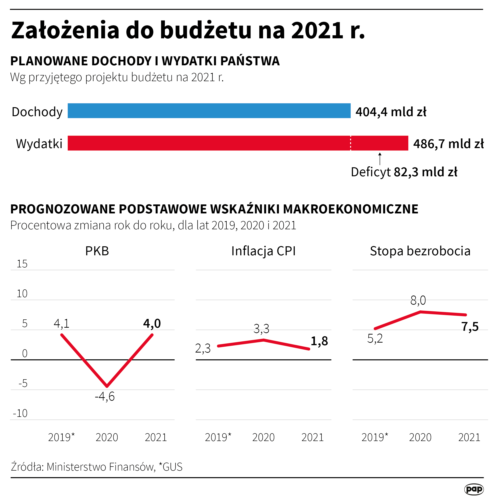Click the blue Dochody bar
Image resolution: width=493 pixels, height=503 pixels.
click(209, 110)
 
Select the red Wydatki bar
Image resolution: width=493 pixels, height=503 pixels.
click(238, 143)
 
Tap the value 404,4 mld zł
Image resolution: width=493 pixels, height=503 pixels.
click(391, 112)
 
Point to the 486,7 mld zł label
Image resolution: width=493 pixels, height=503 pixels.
click(448, 144)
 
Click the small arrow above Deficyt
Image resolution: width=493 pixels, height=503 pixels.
click(380, 159)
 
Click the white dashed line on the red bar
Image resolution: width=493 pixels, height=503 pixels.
click(351, 143)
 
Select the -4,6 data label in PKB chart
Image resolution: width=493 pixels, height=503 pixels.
click(105, 397)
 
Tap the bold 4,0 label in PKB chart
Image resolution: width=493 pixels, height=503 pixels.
click(152, 323)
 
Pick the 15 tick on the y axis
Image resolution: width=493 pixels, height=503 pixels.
click(22, 264)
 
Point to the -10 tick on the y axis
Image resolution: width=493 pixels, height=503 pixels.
click(20, 413)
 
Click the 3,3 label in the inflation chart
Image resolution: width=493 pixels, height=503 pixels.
click(261, 329)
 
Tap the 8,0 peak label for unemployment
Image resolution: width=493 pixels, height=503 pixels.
click(418, 300)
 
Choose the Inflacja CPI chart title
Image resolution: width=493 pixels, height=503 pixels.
click(263, 251)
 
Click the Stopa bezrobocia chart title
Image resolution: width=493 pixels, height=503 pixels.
click(420, 251)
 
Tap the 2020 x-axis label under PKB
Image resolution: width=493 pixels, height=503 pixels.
click(107, 437)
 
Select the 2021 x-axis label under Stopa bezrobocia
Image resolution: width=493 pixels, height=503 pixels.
click(469, 437)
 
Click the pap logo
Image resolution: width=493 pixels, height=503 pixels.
click(474, 489)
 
